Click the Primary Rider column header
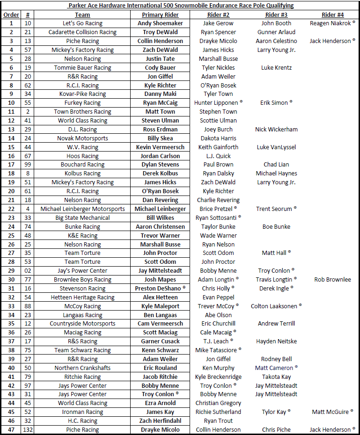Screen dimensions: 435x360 160,14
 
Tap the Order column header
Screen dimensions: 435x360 11,14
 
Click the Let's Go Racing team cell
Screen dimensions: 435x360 82,23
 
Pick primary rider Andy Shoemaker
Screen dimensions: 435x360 160,23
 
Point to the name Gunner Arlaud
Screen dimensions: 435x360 276,32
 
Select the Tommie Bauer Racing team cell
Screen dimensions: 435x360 82,68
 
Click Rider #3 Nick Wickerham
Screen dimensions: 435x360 276,130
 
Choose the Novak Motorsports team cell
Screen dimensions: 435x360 82,138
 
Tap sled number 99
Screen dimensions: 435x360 28,165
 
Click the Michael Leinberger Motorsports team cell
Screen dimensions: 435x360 82,209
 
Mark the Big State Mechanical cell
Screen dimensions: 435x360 82,218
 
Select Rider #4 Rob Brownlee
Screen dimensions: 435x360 332,280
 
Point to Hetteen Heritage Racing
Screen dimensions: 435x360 82,297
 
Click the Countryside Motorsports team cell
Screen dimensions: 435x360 82,324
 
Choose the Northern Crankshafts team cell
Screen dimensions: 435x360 82,368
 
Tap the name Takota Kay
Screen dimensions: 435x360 276,377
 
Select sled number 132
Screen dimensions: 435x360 28,430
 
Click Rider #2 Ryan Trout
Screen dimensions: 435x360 218,421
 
